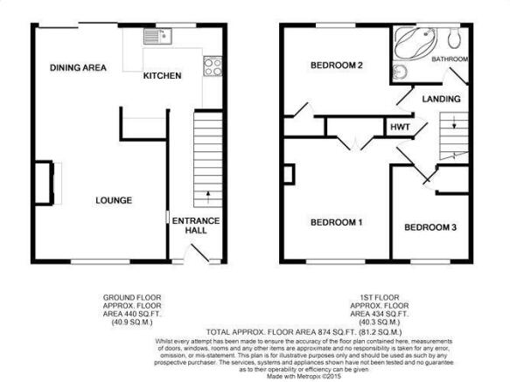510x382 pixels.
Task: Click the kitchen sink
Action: (157, 36)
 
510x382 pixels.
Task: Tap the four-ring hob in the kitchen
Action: (213, 66)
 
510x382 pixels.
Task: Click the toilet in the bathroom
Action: (453, 37)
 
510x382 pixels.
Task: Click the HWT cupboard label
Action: (400, 127)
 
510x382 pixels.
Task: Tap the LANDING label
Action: (442, 99)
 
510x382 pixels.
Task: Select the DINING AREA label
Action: (78, 67)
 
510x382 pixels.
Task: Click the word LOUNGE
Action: (114, 200)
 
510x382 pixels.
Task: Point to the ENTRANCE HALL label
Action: (196, 226)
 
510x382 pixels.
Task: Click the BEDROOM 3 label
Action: (430, 227)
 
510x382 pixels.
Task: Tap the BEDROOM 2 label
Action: (337, 66)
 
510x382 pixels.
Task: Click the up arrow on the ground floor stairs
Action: (208, 198)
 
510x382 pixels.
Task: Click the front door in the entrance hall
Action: (199, 253)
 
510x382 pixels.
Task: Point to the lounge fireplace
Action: (45, 183)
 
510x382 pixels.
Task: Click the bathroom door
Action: (458, 76)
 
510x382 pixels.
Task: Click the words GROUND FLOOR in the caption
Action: (132, 297)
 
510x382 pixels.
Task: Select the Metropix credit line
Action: (304, 377)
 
